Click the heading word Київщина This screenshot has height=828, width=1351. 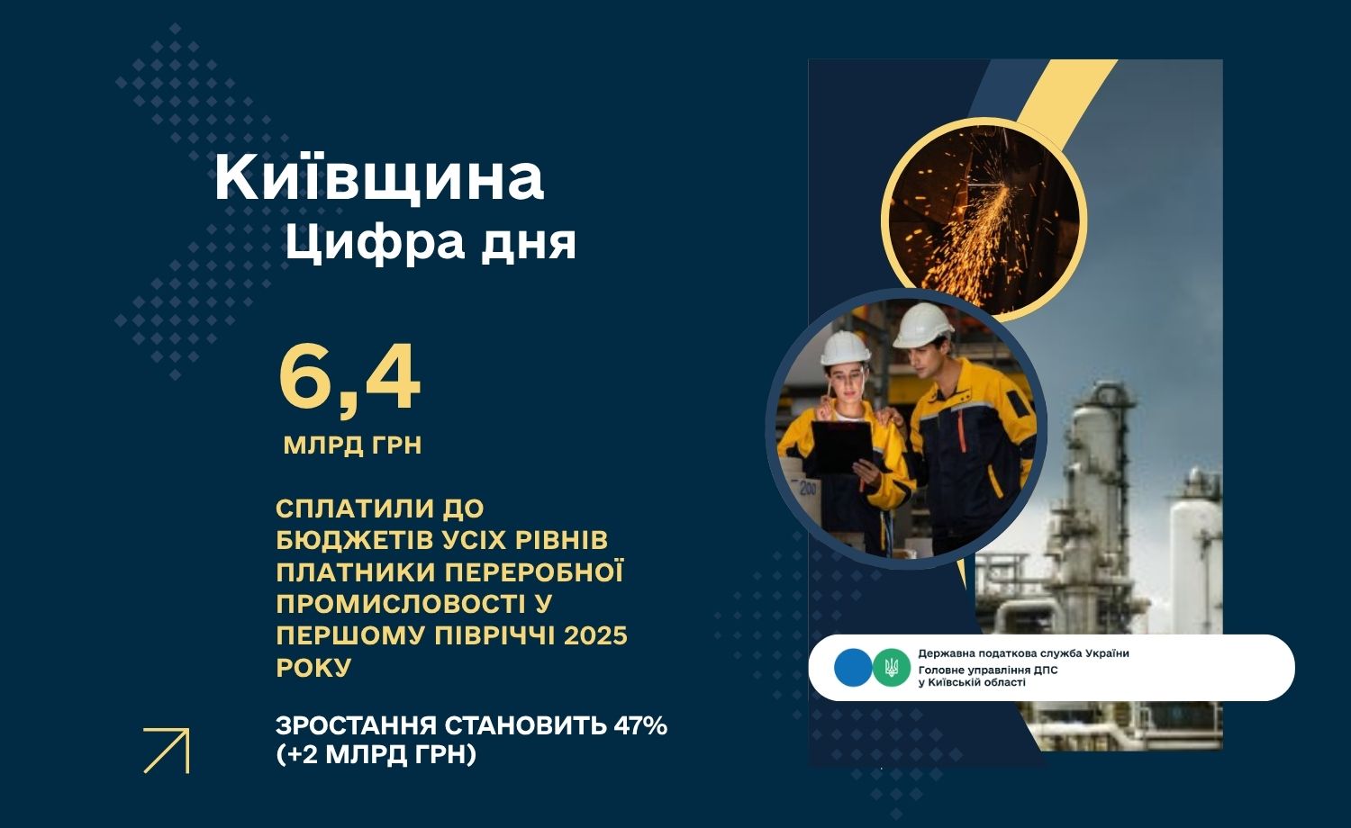click(379, 179)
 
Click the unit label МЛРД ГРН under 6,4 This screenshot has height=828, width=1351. click(352, 445)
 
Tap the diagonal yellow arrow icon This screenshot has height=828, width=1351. click(167, 751)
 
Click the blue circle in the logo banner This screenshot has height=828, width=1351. click(853, 668)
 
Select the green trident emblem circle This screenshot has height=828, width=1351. click(891, 668)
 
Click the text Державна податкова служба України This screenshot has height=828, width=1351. click(1023, 653)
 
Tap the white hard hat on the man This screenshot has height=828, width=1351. click(922, 326)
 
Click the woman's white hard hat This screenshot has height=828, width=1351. click(845, 347)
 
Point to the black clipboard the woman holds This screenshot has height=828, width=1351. click(840, 445)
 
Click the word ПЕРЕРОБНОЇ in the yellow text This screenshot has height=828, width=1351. click(534, 571)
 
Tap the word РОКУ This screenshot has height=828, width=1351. click(313, 668)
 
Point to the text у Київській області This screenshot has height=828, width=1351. click(972, 682)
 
